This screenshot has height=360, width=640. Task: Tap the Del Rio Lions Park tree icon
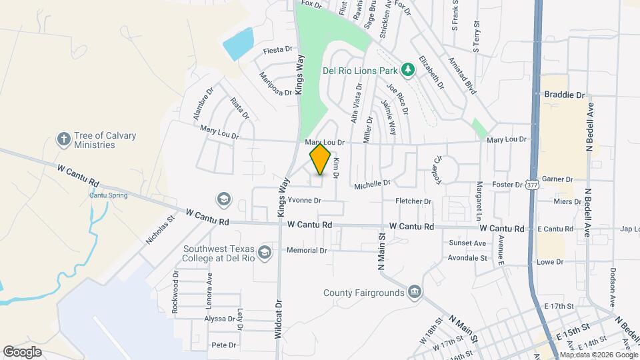(406, 69)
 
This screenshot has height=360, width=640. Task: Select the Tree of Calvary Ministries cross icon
(64, 139)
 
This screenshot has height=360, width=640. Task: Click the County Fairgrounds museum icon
(415, 292)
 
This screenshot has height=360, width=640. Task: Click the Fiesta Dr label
(279, 49)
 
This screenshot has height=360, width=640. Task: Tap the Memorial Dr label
(307, 251)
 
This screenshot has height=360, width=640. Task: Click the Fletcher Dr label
(413, 201)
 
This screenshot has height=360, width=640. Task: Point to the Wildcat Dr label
(279, 320)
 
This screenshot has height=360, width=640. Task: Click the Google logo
(22, 351)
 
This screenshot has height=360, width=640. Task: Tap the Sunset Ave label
(467, 243)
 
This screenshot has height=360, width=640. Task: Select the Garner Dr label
(558, 179)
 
